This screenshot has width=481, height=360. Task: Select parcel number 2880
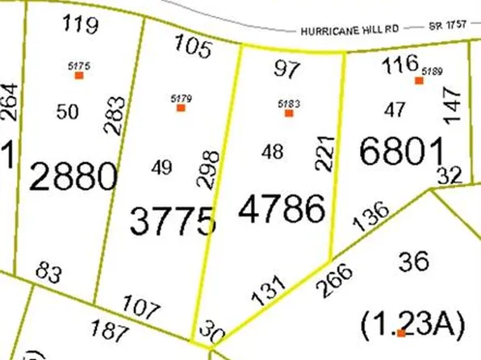click(x=73, y=175)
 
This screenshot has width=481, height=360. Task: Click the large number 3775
click(x=173, y=220)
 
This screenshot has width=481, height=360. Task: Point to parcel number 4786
click(x=282, y=209)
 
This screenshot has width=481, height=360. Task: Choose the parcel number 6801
click(x=402, y=152)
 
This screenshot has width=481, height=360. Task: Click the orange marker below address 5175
click(x=79, y=75)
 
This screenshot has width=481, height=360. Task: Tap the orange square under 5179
click(x=181, y=107)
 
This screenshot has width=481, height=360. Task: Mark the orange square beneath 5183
click(x=288, y=113)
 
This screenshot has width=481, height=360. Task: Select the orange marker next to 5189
click(x=419, y=80)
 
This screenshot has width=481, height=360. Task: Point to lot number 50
click(x=67, y=112)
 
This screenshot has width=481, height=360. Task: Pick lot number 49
click(x=161, y=167)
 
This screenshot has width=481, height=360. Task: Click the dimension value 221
click(x=324, y=152)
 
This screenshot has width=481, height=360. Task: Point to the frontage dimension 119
click(x=81, y=24)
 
